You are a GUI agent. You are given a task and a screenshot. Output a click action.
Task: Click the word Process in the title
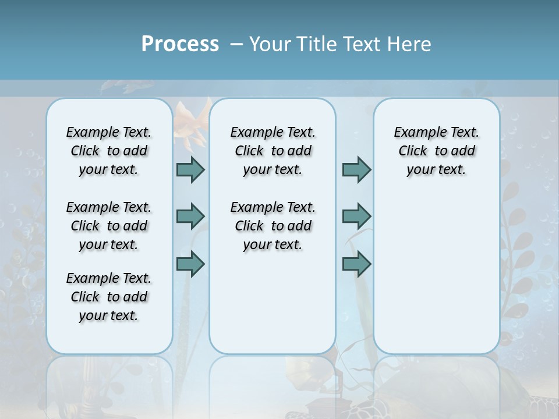[180, 44]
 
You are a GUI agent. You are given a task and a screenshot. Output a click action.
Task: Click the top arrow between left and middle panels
[190, 169]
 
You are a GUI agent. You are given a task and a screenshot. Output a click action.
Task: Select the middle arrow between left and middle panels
[190, 216]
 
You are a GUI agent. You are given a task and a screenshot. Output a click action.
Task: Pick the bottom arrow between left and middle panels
[190, 264]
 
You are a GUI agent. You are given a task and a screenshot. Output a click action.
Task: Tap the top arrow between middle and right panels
[356, 169]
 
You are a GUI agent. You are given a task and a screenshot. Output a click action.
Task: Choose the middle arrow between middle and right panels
[356, 216]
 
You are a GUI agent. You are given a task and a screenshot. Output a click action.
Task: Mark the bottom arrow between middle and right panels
[356, 264]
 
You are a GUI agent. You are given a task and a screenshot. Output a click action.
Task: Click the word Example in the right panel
[416, 132]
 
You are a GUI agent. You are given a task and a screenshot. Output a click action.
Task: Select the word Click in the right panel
[413, 151]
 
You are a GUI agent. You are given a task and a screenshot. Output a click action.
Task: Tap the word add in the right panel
[463, 151]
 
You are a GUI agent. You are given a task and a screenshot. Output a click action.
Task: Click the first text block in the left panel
[109, 151]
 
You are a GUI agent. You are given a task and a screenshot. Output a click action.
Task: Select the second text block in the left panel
[109, 226]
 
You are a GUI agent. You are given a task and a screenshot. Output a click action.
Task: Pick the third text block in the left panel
[109, 297]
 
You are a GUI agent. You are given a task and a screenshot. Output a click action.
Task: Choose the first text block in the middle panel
[273, 151]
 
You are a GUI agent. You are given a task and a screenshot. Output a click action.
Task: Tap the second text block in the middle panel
[273, 226]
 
